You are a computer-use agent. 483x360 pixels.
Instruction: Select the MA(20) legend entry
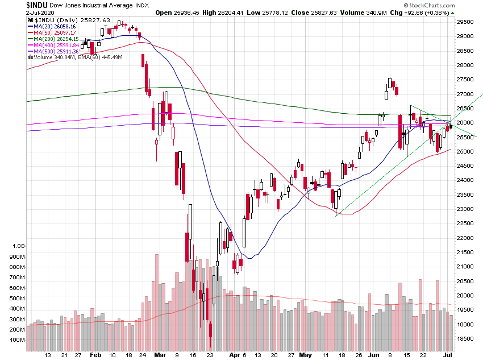click(52, 26)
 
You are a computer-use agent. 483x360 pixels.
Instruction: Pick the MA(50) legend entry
click(52, 32)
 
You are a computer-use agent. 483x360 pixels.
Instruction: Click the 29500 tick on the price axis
click(467, 22)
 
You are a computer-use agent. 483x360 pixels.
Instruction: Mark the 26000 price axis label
click(467, 123)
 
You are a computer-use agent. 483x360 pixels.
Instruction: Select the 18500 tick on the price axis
click(467, 339)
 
